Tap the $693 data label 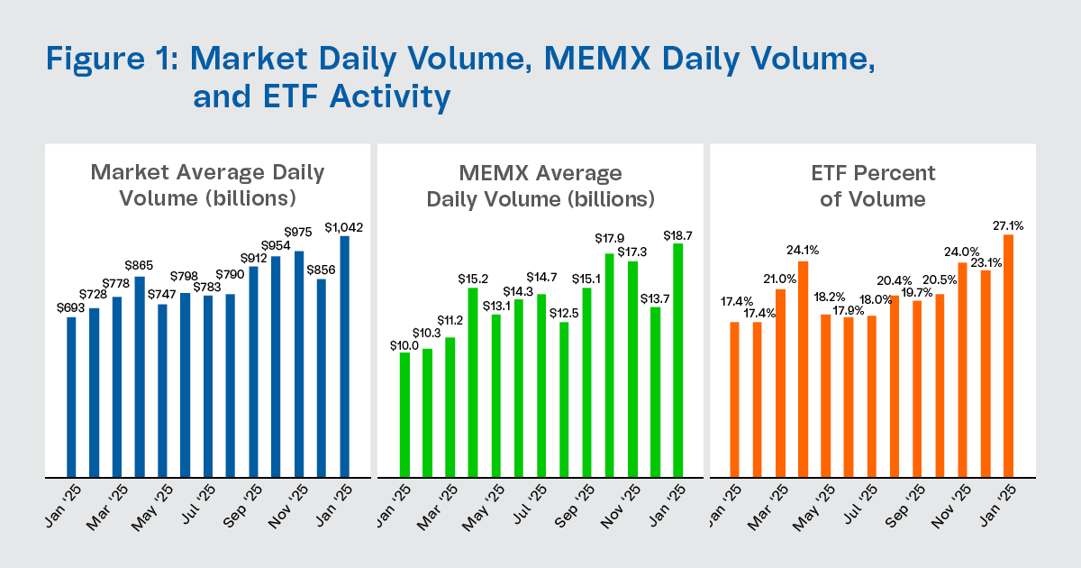point(71,308)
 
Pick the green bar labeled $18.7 point(677,360)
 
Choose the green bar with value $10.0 point(404,415)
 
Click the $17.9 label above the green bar point(610,239)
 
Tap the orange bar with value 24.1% point(803,369)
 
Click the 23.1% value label point(986,264)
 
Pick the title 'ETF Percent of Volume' point(872,186)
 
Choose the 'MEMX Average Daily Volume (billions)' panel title point(540,186)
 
